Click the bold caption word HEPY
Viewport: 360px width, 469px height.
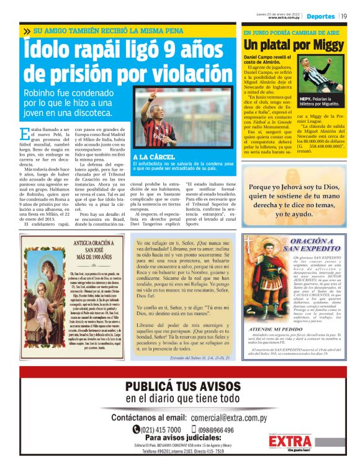(x=305, y=99)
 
